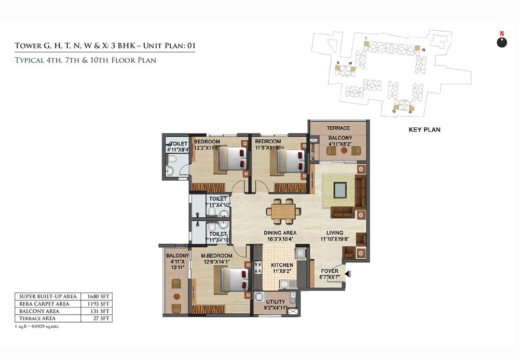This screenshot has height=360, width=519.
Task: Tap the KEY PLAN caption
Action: (x=424, y=129)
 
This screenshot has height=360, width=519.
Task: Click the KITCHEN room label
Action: (x=282, y=265)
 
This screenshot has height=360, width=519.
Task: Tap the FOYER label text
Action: (x=330, y=271)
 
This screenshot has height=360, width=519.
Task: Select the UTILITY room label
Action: (x=275, y=302)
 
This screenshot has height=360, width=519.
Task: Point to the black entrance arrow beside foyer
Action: (x=348, y=274)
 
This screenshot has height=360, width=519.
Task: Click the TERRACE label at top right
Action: (x=338, y=128)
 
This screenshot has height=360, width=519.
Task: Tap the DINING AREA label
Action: (x=280, y=233)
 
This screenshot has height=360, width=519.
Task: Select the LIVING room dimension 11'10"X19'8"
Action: (x=339, y=239)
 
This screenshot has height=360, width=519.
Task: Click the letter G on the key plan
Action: (x=394, y=111)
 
